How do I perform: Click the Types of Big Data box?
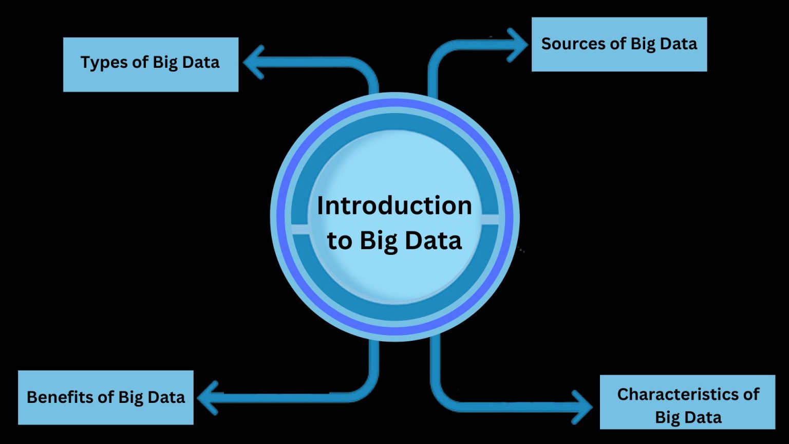(x=151, y=64)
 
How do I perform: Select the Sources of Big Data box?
(x=619, y=44)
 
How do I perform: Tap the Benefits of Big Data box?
(x=106, y=397)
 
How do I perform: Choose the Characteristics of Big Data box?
(x=687, y=402)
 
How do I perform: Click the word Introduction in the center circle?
(x=394, y=206)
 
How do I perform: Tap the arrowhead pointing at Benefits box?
(x=208, y=397)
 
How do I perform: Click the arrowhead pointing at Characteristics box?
(x=583, y=407)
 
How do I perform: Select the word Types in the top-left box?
(x=103, y=63)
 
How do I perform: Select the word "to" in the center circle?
(x=340, y=240)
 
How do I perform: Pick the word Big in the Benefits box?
(x=132, y=398)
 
